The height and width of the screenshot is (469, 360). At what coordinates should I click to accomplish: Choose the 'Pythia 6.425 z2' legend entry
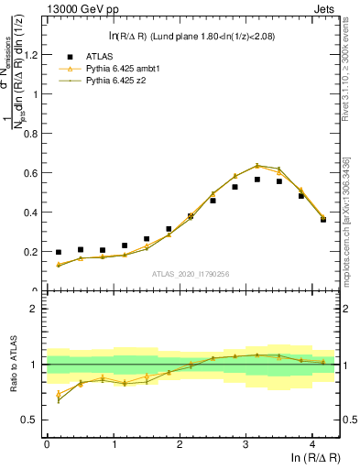tap(117, 82)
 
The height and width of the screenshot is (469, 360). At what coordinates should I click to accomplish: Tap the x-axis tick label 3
tap(245, 444)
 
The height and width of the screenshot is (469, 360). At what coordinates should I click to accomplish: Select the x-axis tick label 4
tap(312, 444)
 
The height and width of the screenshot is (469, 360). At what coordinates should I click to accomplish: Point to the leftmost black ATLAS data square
tap(59, 252)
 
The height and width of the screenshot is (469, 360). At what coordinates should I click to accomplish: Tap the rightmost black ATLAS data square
tap(323, 219)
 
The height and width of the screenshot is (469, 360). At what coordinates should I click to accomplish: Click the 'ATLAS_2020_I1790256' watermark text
tap(190, 273)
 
